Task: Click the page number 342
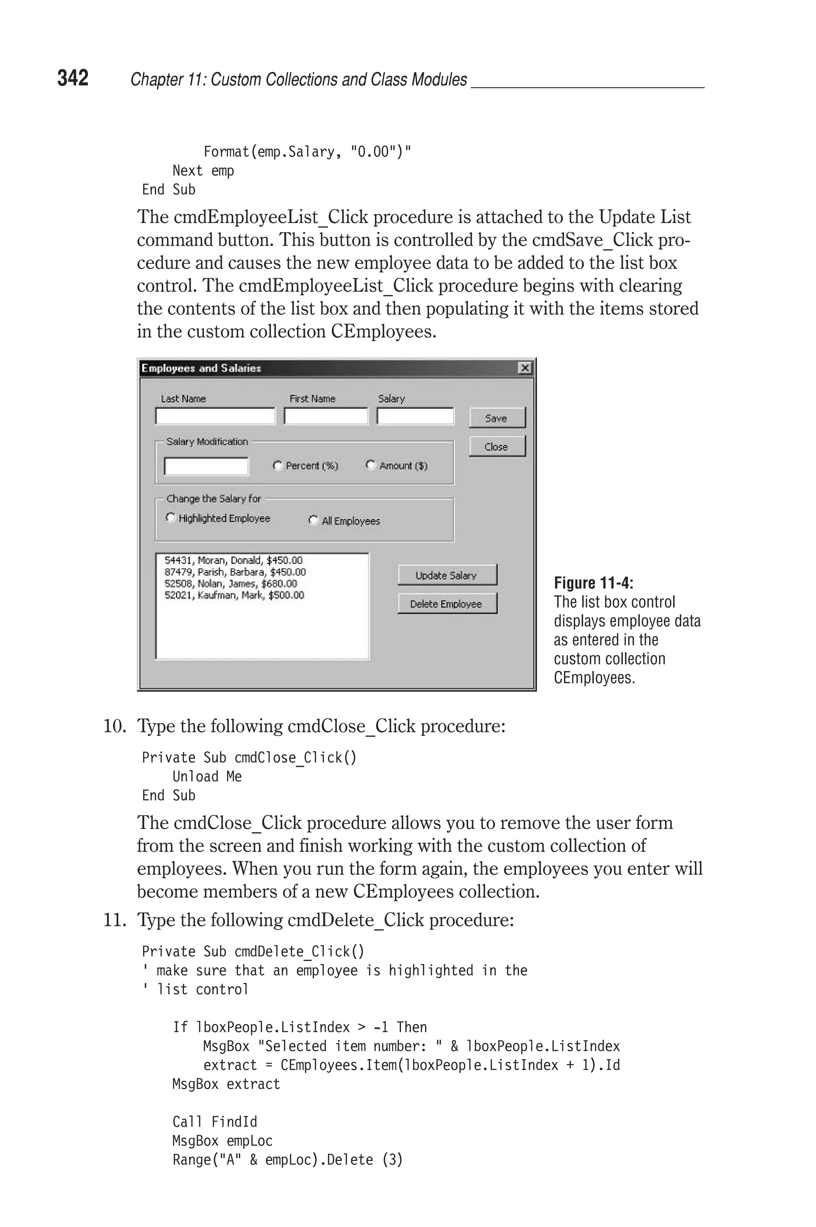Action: (x=73, y=78)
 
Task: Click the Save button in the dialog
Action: (x=497, y=418)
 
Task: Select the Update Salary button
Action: (x=447, y=575)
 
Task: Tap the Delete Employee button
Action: (x=447, y=604)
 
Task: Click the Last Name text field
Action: (x=215, y=416)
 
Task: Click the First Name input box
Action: (x=326, y=416)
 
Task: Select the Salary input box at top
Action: (x=415, y=416)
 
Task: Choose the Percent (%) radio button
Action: (x=277, y=465)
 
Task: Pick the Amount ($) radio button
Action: (x=371, y=465)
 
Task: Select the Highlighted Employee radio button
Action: (x=170, y=517)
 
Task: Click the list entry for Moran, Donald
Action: (x=233, y=560)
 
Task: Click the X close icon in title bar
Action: (x=525, y=368)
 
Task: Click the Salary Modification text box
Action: (x=206, y=466)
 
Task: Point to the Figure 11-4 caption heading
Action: (x=593, y=583)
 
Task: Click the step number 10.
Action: (x=114, y=726)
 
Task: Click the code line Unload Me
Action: (x=207, y=776)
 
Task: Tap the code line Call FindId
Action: (x=214, y=1121)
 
